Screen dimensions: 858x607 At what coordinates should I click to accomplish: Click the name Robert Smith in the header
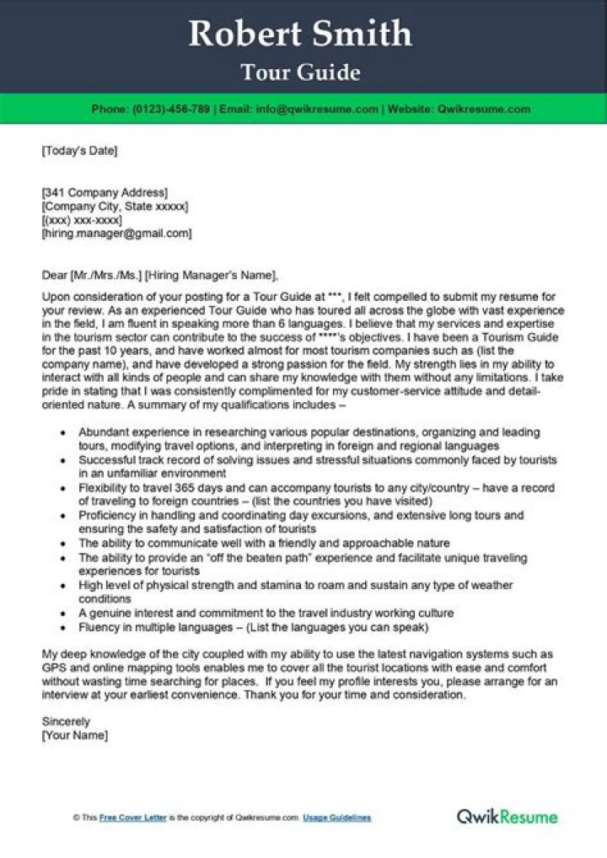tap(301, 35)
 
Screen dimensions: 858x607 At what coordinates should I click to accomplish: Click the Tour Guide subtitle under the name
tap(301, 72)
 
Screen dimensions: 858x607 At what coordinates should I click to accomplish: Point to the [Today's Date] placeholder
tap(79, 152)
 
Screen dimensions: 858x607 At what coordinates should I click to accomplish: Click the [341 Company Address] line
tap(105, 192)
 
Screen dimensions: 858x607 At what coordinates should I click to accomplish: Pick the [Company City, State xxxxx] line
tap(115, 206)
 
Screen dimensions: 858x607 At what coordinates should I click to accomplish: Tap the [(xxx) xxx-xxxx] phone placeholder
tap(82, 219)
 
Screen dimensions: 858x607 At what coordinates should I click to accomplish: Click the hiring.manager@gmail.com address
tap(117, 233)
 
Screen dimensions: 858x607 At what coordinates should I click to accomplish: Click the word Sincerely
tap(66, 721)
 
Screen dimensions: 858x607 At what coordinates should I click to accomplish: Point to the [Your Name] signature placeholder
tap(75, 735)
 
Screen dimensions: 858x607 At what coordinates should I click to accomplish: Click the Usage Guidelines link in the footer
tap(337, 818)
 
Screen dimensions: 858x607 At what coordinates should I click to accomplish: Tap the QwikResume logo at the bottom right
tap(507, 816)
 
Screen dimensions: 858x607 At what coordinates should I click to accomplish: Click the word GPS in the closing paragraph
tap(53, 668)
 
